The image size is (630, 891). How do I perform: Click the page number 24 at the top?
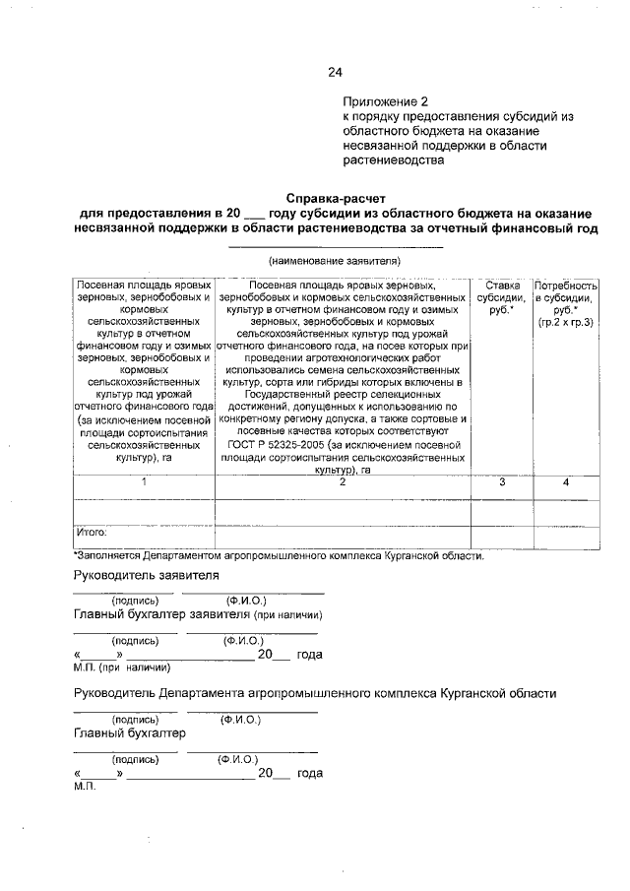pos(335,71)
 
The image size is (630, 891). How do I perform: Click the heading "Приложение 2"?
pos(386,101)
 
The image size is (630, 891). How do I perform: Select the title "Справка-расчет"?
pos(333,197)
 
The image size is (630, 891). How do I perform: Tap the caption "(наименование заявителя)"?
pos(333,261)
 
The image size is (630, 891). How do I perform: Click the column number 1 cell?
pos(144,482)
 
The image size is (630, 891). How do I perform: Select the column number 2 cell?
pos(343,482)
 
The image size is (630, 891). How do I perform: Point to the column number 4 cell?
pos(565,482)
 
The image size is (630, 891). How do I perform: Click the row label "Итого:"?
pos(92,533)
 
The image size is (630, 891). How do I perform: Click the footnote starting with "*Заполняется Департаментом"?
pos(280,556)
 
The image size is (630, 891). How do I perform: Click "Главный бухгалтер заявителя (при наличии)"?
pos(198,614)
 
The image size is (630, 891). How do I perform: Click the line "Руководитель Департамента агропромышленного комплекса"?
pos(315,693)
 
